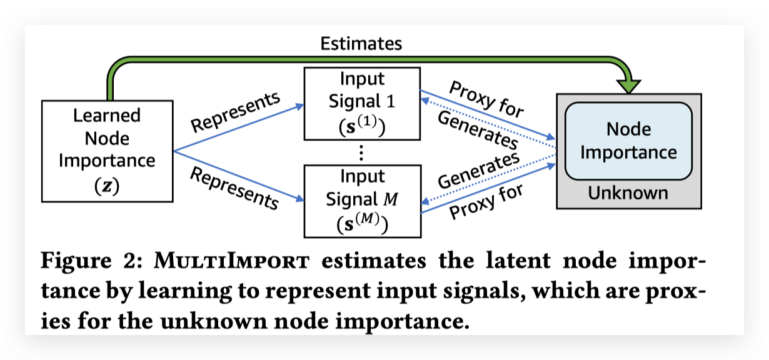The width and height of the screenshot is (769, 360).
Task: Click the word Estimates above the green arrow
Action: point(361,44)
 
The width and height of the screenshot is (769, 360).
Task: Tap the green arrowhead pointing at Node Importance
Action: point(628,86)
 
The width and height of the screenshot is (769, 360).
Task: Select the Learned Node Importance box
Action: point(107,151)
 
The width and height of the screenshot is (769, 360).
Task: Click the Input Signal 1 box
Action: point(362,104)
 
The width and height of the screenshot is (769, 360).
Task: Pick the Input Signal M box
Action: point(363,201)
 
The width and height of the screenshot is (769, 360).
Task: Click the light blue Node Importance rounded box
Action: point(628,141)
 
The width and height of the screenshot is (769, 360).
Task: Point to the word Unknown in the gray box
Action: point(628,193)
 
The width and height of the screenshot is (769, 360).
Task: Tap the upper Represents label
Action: point(236,112)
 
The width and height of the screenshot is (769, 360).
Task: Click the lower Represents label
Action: point(234,187)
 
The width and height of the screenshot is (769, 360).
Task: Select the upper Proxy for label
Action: point(486,99)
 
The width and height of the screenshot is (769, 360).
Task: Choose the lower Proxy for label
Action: point(486,201)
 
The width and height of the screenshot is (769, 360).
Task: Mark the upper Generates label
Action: point(478,130)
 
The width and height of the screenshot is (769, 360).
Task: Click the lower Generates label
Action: point(479,170)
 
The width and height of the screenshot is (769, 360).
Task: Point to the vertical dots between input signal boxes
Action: point(361,152)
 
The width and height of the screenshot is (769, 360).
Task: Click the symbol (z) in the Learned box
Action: point(107,186)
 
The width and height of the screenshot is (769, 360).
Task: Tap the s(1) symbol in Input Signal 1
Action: point(362,126)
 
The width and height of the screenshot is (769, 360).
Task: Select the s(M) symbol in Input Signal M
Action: point(363,223)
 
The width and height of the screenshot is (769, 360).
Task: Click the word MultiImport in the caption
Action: point(232,261)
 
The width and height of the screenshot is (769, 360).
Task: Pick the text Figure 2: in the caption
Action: point(91,261)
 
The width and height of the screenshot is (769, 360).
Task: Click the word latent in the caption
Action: point(518,261)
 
